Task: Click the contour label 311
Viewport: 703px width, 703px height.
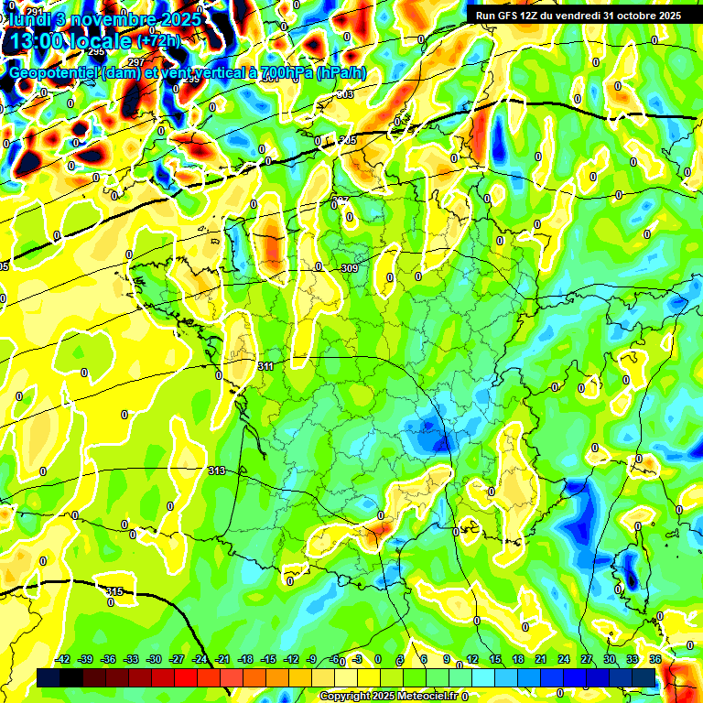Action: pyautogui.click(x=266, y=366)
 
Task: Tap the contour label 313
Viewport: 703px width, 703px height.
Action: pyautogui.click(x=217, y=471)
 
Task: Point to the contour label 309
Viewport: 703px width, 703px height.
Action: pyautogui.click(x=348, y=268)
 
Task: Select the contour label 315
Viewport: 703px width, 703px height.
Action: pyautogui.click(x=114, y=592)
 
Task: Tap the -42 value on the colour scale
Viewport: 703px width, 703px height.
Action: pyautogui.click(x=63, y=660)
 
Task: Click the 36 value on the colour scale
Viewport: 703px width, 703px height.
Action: pyautogui.click(x=655, y=660)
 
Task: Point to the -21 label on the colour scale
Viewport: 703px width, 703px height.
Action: pyautogui.click(x=223, y=660)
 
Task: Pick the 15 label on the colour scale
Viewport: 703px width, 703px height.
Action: pyautogui.click(x=495, y=660)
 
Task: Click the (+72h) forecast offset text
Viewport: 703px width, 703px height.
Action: pyautogui.click(x=158, y=42)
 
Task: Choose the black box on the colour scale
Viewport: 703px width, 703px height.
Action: pyautogui.click(x=49, y=677)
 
